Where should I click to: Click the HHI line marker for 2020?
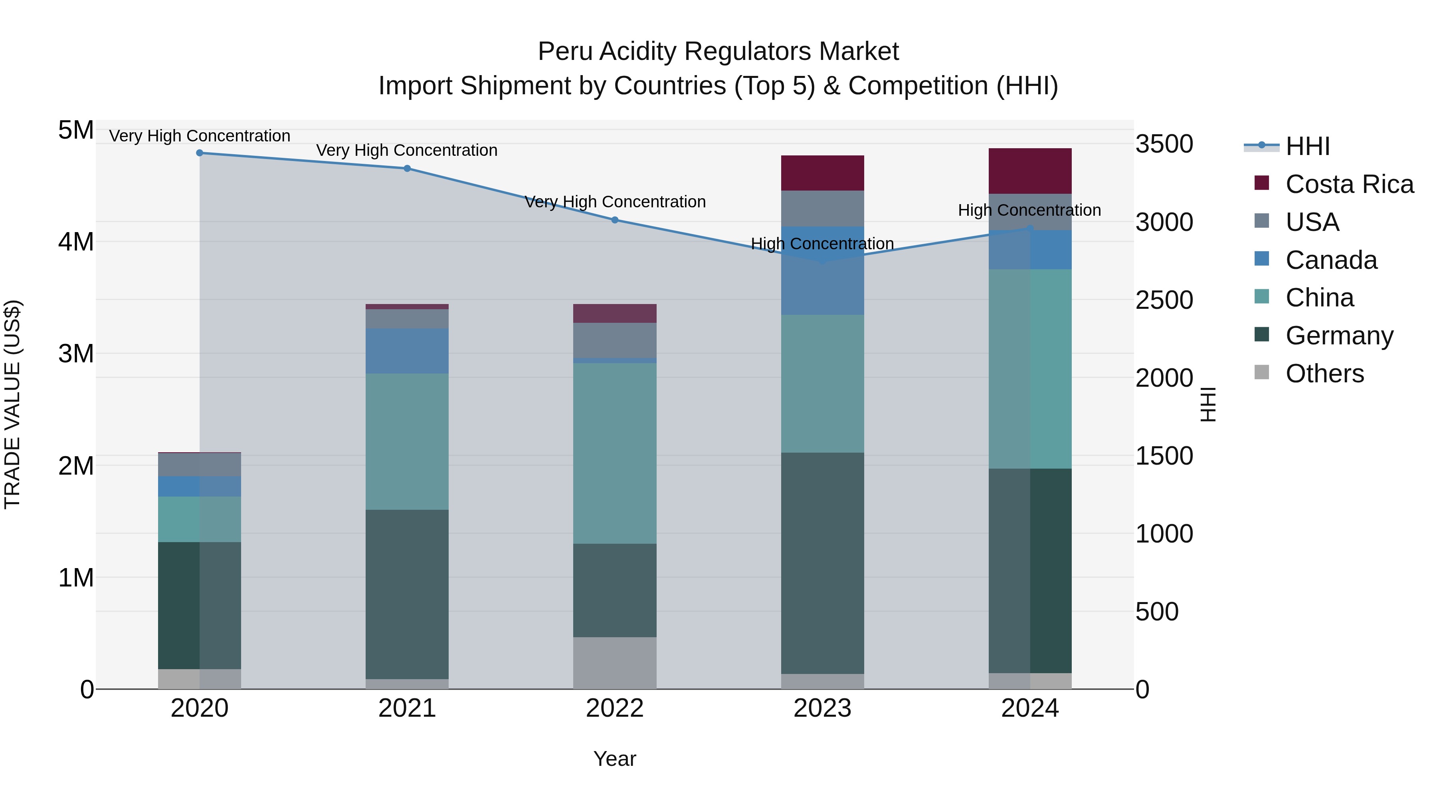200,153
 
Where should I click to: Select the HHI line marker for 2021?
407,169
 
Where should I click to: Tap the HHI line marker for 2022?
615,220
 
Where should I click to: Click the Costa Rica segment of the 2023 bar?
822,173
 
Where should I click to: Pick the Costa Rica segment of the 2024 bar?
1030,171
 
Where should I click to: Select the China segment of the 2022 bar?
615,453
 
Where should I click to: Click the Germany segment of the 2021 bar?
407,594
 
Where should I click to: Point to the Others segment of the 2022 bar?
615,663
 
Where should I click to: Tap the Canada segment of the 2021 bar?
407,351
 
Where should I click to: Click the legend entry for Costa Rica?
1349,184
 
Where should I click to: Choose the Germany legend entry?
1339,336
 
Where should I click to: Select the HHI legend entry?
1307,146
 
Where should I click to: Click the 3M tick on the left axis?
76,354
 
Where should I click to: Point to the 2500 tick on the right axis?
1164,300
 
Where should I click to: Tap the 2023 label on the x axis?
822,708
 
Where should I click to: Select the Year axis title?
615,759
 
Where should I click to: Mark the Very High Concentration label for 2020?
200,136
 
